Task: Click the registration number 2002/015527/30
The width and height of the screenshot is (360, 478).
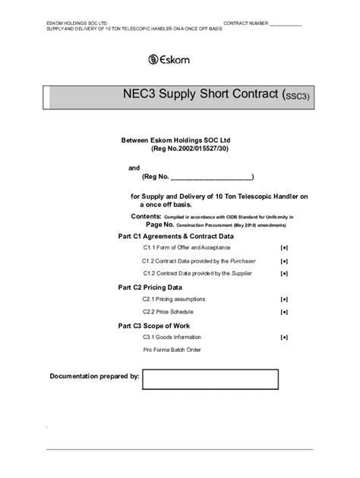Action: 195,149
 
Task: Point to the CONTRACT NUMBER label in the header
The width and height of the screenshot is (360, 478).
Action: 245,24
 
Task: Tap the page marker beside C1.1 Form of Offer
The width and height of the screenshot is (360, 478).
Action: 283,248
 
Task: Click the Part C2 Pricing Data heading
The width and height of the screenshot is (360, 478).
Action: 150,288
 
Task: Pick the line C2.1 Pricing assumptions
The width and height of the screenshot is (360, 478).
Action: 173,300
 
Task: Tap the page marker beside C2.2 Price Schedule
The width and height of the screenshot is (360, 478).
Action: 283,312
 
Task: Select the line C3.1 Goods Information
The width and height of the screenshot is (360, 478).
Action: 172,336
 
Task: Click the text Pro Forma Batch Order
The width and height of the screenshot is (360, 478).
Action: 172,350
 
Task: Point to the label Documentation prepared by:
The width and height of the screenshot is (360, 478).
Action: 94,376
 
